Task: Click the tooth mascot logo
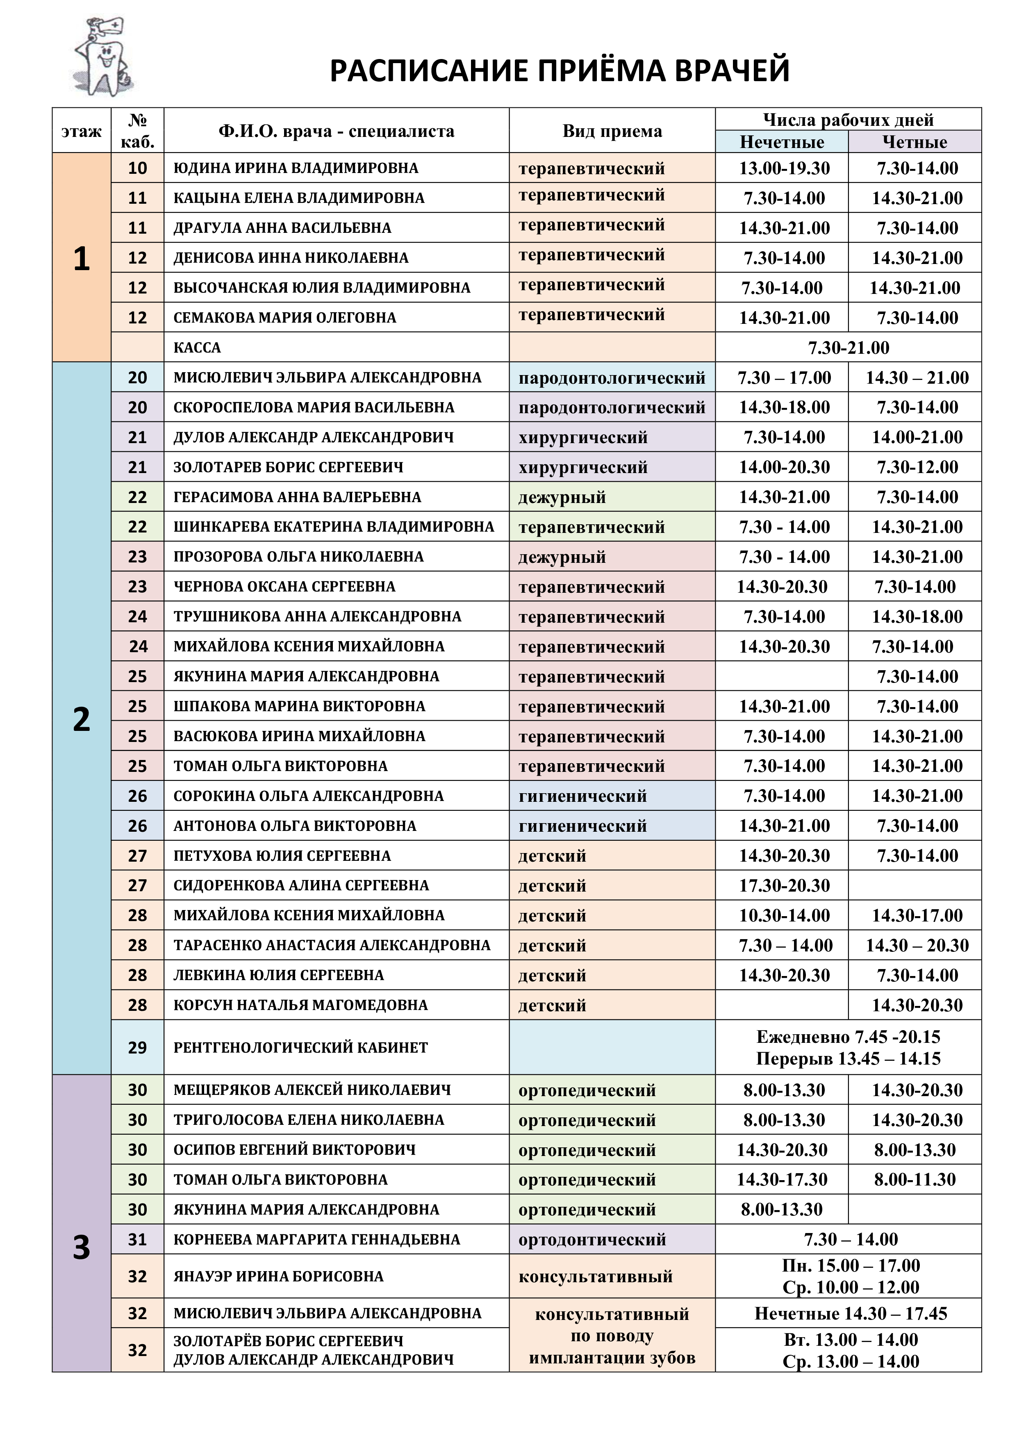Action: pos(103,58)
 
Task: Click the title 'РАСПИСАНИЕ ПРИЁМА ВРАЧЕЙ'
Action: pos(559,71)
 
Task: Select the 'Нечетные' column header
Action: pos(782,142)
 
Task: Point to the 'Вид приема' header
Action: pos(612,131)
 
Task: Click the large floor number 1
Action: pos(82,258)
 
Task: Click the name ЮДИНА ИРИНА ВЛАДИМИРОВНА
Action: pos(296,168)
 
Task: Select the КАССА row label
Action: pos(197,348)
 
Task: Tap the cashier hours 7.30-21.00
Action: pos(848,348)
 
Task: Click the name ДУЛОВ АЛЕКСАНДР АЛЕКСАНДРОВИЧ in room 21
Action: pos(313,437)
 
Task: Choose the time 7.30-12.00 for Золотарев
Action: pos(917,467)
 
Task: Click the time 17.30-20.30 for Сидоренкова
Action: pos(784,885)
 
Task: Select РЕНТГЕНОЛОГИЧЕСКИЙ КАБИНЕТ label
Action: pos(300,1047)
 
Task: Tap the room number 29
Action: pos(137,1047)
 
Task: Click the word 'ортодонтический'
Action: pos(592,1240)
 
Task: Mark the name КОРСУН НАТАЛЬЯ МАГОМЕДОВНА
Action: pos(300,1005)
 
